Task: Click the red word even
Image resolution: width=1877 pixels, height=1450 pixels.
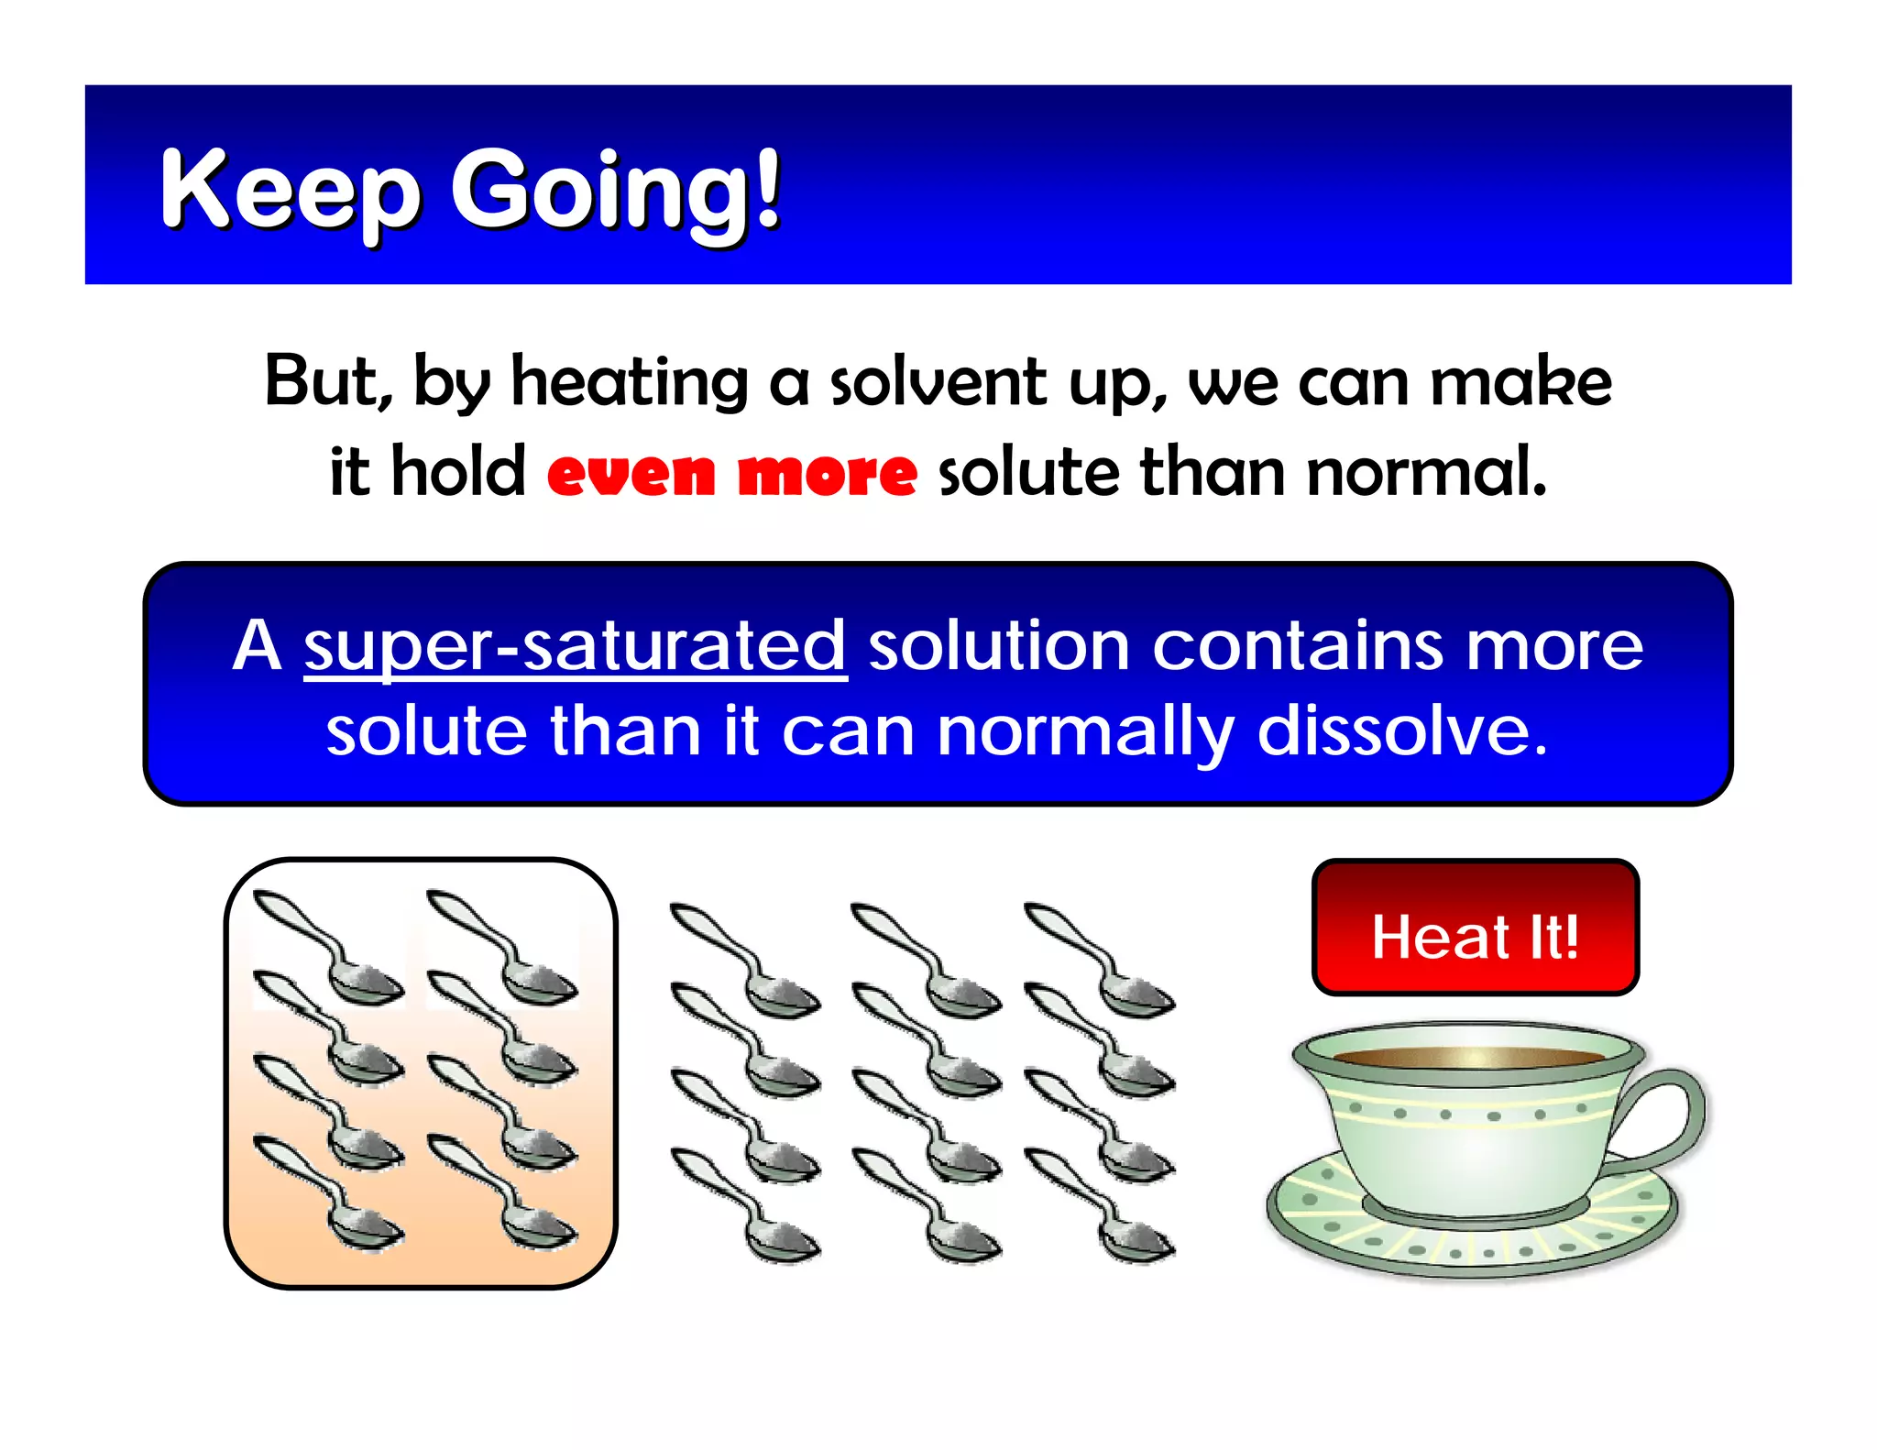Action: point(631,474)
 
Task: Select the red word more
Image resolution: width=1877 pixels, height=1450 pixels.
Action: point(827,474)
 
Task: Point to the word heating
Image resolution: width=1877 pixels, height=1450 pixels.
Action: point(630,381)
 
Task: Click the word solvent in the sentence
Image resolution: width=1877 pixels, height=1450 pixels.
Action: point(938,381)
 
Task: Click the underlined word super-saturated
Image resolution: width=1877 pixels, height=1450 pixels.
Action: point(575,647)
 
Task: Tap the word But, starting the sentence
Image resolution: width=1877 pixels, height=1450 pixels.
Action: point(328,381)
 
